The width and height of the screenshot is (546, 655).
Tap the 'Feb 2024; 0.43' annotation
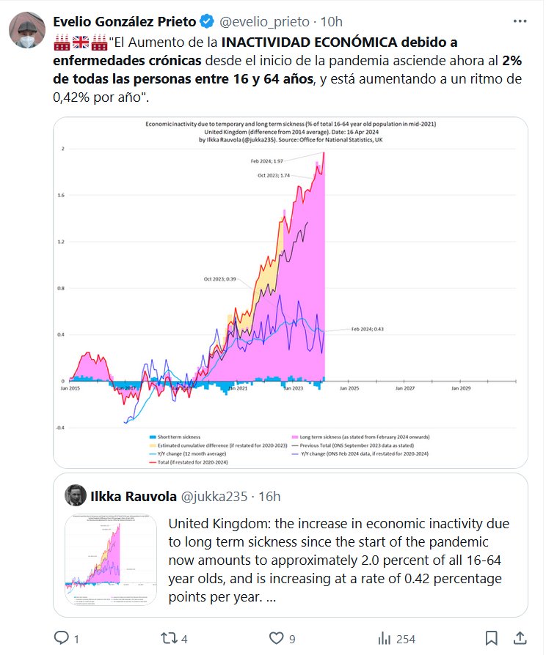(368, 329)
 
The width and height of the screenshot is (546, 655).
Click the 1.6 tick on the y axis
(62, 195)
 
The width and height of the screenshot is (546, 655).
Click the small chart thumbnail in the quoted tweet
(111, 560)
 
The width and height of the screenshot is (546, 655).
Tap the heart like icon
(277, 638)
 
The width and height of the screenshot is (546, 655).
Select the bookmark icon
(492, 638)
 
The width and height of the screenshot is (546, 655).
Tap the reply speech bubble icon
(62, 638)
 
